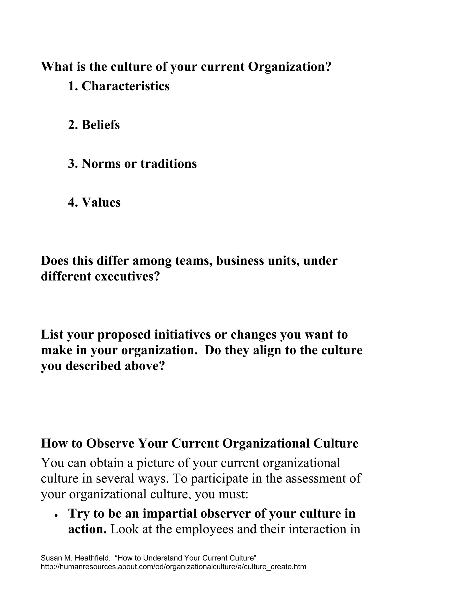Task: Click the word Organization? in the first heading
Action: (x=290, y=67)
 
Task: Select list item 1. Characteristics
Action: (x=119, y=86)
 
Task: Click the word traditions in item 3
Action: (x=169, y=164)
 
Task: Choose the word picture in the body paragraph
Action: (x=155, y=463)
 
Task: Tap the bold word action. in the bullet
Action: (x=87, y=529)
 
